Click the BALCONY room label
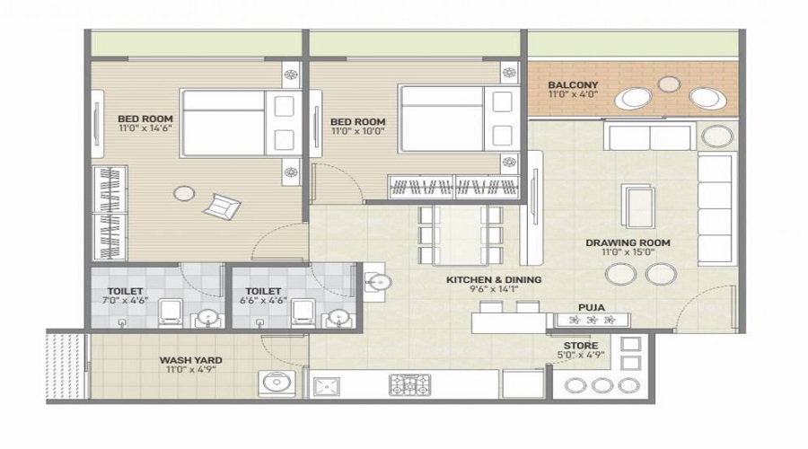tap(573, 84)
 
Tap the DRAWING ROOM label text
tap(628, 242)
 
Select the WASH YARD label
tap(190, 360)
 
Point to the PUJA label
tap(591, 308)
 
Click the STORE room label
tap(581, 346)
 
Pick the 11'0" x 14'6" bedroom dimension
tap(145, 128)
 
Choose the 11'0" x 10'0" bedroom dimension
tap(357, 131)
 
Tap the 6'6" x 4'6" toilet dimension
tap(263, 300)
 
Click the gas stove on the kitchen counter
tap(409, 384)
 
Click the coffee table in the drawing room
tap(638, 206)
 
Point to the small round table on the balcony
tap(669, 84)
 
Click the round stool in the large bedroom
tap(184, 193)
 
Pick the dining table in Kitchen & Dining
tap(461, 235)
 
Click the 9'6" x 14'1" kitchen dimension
tap(493, 289)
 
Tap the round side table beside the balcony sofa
tap(716, 136)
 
